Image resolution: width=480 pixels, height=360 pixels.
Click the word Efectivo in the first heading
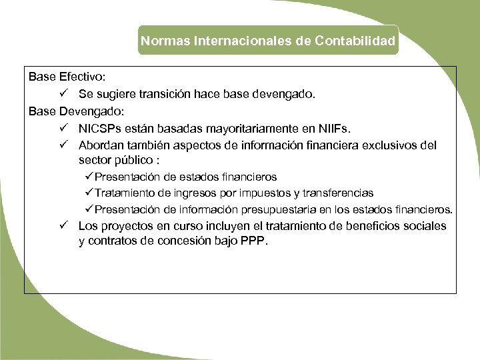point(82,77)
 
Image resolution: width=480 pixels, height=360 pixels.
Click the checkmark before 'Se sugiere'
point(61,94)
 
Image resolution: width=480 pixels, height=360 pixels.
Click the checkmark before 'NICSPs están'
point(61,127)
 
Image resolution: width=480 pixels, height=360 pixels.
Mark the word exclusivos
point(389,145)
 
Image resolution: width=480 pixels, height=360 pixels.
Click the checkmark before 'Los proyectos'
point(61,226)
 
